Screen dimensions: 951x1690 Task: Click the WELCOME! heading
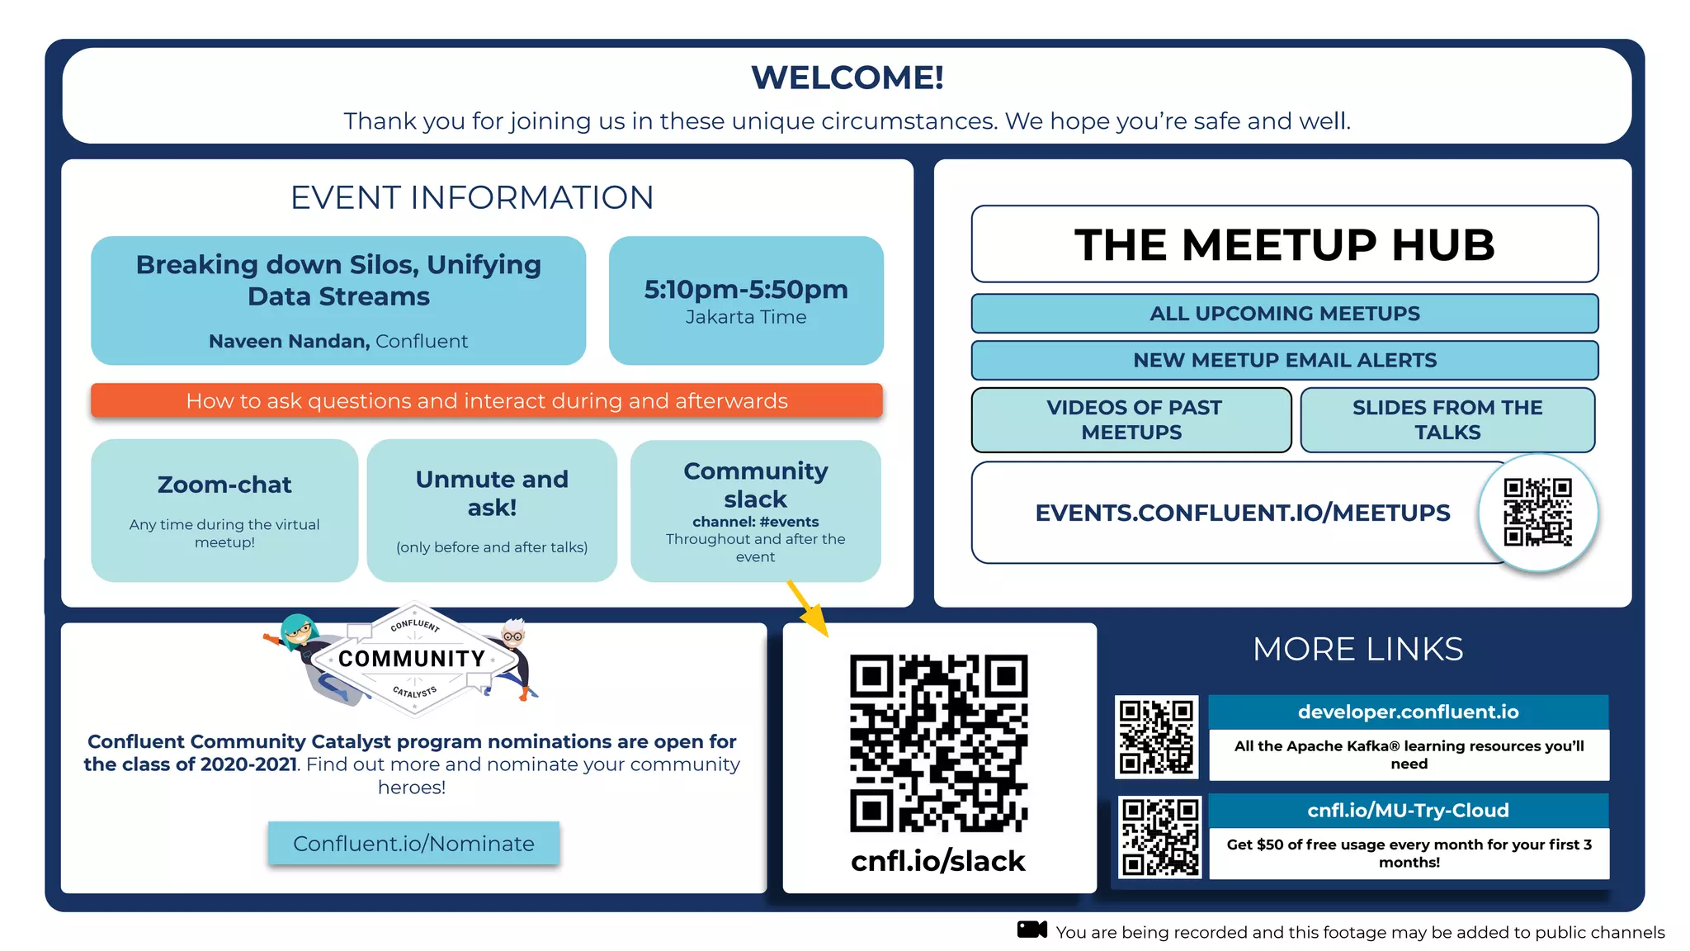(x=847, y=78)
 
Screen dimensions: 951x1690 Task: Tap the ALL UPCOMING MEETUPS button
(x=1284, y=314)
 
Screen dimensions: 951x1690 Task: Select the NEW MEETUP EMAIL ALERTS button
(x=1284, y=360)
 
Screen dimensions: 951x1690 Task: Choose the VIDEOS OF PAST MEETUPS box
(x=1131, y=419)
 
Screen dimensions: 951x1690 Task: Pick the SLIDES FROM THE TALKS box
(x=1447, y=419)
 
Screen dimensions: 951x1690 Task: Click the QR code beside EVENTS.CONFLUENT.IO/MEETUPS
(x=1537, y=512)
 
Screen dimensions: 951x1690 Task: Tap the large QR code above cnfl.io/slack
(x=938, y=743)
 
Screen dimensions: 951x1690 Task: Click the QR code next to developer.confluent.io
(x=1156, y=736)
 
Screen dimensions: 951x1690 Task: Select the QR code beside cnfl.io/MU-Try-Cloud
(x=1159, y=836)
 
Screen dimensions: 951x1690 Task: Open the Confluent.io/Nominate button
(x=413, y=843)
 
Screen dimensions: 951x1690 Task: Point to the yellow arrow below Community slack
(x=807, y=608)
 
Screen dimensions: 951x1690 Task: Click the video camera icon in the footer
(x=1031, y=930)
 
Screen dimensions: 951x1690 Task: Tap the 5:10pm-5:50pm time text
(x=746, y=290)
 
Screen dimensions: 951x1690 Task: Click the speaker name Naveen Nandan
(x=289, y=341)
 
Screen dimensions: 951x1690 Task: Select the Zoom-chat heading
(x=224, y=485)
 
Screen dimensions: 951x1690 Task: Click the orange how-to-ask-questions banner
(x=487, y=400)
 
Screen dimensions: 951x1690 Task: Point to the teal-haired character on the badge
(x=299, y=636)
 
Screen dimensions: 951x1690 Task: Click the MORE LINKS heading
(x=1357, y=649)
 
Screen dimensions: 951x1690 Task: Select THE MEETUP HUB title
(x=1284, y=244)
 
